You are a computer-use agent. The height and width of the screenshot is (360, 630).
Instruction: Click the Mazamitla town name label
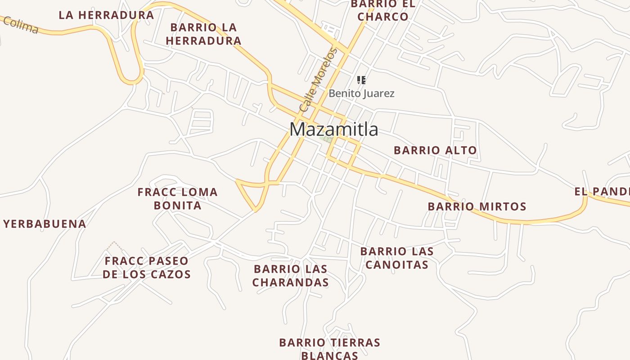pos(334,130)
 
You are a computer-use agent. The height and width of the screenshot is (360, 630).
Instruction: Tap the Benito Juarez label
pos(361,94)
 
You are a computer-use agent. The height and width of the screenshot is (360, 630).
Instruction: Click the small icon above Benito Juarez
pos(361,80)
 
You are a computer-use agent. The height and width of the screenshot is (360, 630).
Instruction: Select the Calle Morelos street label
pos(318,80)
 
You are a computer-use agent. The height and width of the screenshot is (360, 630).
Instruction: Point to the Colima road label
pos(21,25)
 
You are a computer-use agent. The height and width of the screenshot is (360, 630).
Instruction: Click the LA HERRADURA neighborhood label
pos(106,15)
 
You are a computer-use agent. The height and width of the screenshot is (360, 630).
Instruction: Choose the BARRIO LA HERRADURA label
pos(203,34)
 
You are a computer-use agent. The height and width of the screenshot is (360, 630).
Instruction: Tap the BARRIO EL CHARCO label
pos(383,10)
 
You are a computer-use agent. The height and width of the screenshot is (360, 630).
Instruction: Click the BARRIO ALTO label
pos(435,150)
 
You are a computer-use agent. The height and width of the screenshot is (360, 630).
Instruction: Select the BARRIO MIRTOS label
pos(477,207)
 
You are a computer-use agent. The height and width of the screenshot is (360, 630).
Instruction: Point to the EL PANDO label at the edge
pos(602,192)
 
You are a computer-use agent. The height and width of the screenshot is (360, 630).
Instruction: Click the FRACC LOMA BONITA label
pos(177,199)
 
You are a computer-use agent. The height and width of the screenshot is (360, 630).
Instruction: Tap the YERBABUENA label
pos(45,224)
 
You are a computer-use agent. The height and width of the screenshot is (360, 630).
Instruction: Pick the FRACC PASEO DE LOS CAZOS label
pos(146,267)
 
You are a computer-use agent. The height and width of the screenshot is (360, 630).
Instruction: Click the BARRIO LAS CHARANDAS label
pos(290,276)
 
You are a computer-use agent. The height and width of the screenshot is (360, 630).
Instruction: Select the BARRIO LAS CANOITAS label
pos(397,258)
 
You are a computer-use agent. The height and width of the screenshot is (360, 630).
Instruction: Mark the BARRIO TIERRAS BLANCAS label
pos(329,349)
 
